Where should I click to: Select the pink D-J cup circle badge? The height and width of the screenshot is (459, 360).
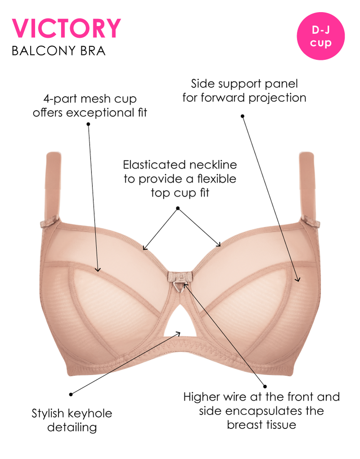pos(321,36)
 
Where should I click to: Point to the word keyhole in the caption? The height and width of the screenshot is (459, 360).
pos(90,413)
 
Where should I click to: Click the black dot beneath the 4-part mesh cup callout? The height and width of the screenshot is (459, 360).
pos(88,123)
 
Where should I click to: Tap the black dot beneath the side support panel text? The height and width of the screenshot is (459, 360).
pos(243,116)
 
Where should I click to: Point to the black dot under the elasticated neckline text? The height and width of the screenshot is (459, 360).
pos(178,208)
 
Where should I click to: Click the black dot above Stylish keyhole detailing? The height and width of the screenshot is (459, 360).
pos(71,395)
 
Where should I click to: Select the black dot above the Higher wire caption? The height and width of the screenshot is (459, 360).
pos(265,386)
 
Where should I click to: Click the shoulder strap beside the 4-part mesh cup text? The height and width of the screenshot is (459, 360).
pos(53,184)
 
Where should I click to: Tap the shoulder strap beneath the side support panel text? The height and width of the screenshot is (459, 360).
pos(306,184)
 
